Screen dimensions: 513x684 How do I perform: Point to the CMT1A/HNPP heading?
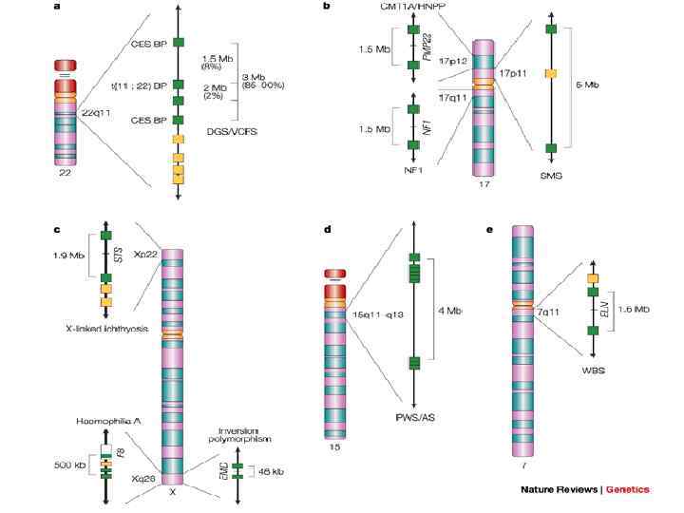pos(413,8)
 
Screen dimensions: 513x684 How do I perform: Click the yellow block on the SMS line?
pos(551,72)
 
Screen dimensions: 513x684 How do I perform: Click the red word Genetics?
pos(628,489)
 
